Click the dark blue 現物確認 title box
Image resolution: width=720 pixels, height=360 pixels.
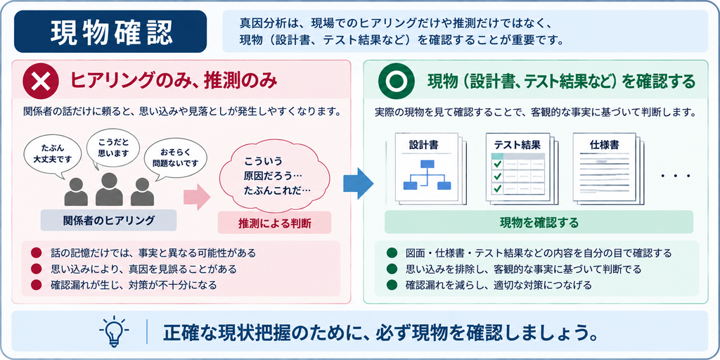click(x=110, y=31)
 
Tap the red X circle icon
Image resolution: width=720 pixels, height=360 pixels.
click(x=41, y=82)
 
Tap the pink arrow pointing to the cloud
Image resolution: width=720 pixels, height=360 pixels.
click(x=197, y=198)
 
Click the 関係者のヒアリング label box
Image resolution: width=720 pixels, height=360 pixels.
click(x=108, y=220)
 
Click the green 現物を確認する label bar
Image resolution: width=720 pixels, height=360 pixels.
click(x=539, y=222)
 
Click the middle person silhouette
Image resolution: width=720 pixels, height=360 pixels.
click(x=109, y=189)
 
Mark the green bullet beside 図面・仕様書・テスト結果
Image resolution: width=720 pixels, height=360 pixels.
click(x=392, y=253)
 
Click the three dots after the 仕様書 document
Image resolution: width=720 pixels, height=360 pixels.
click(x=675, y=176)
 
